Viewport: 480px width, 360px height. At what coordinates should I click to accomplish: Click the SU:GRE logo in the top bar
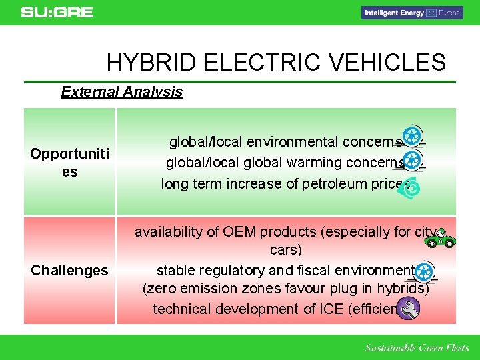point(57,12)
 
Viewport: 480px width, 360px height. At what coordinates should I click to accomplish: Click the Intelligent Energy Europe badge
point(411,13)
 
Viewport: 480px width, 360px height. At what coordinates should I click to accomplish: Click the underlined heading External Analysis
point(121,92)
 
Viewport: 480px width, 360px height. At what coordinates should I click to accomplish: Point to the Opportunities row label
point(69,163)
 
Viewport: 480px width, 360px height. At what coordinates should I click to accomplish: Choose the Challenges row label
point(69,270)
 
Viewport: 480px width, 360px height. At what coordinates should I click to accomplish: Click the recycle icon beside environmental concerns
point(413,137)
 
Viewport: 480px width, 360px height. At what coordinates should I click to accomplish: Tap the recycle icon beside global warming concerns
point(413,159)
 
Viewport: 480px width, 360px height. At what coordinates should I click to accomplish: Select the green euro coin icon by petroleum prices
point(413,189)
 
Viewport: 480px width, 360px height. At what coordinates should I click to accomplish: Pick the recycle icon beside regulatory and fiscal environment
point(425,272)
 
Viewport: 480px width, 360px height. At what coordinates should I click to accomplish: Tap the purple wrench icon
point(408,309)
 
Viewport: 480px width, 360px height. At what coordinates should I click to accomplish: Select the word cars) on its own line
point(286,250)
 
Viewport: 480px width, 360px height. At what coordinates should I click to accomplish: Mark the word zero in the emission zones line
point(160,289)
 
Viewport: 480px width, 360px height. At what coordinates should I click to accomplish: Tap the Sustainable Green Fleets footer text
point(417,348)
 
